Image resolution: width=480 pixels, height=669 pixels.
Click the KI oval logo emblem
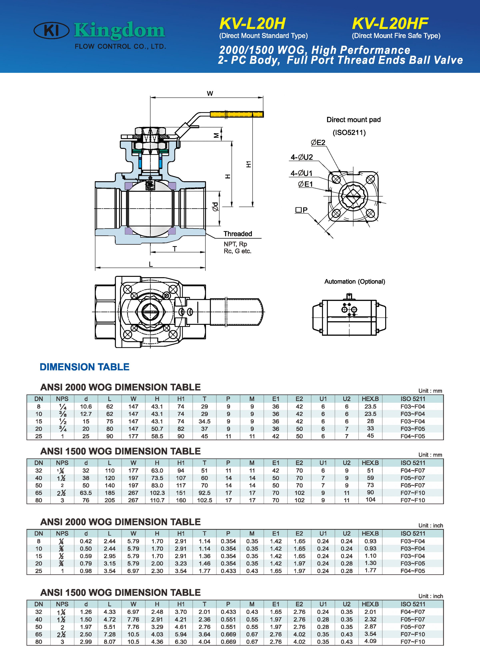click(x=52, y=31)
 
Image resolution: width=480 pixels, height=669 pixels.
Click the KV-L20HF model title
click(x=390, y=24)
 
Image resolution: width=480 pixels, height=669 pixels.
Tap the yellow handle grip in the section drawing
click(x=236, y=114)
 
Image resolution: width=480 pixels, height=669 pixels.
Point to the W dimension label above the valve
click(x=210, y=93)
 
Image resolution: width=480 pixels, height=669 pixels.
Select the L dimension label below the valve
click(x=151, y=264)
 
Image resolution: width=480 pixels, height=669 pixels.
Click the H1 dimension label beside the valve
click(x=249, y=164)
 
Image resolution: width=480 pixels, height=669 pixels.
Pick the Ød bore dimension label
click(x=216, y=206)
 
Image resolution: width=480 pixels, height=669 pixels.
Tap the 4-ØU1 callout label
click(x=301, y=173)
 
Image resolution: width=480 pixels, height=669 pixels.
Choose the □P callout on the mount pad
click(x=301, y=210)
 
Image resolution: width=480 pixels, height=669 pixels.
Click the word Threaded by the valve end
click(x=238, y=234)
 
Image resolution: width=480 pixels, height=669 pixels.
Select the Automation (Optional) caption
click(x=355, y=281)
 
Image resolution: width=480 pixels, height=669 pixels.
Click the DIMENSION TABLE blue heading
click(x=85, y=367)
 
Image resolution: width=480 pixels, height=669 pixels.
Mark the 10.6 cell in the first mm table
click(x=86, y=407)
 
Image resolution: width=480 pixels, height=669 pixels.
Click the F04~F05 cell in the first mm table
click(x=412, y=436)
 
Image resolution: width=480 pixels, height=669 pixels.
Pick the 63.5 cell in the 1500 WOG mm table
click(x=86, y=493)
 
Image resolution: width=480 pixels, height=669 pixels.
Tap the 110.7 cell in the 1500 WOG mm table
click(x=157, y=500)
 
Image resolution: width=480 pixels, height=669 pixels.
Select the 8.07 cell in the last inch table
click(x=109, y=642)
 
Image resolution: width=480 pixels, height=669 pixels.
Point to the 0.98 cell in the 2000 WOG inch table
click(x=86, y=571)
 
